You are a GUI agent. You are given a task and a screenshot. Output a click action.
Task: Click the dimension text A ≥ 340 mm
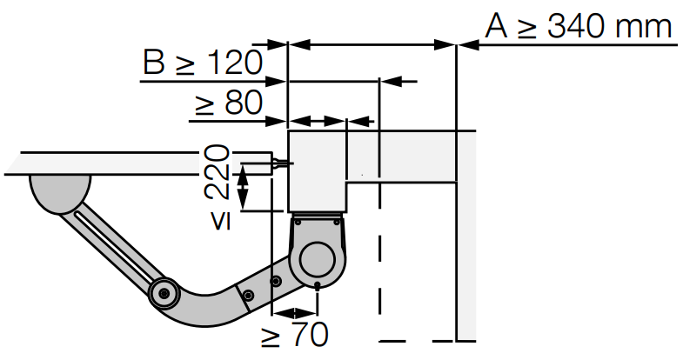tap(579, 26)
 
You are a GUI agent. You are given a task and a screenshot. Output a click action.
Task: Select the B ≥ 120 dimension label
tap(203, 63)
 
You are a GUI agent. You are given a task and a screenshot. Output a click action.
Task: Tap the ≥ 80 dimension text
tap(229, 103)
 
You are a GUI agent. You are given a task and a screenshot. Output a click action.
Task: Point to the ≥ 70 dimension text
tap(294, 334)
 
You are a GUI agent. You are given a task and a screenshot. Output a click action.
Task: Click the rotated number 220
tap(217, 173)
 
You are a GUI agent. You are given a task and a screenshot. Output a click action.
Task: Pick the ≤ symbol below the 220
tap(221, 221)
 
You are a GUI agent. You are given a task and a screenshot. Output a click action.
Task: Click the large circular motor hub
tap(318, 260)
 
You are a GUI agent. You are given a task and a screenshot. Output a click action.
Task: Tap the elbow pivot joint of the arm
tap(164, 293)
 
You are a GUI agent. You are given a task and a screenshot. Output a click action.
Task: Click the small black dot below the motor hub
tap(318, 285)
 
